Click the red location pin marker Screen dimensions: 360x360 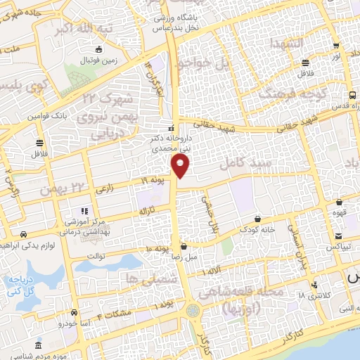[181, 166]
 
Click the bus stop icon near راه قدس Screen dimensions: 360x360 [352, 96]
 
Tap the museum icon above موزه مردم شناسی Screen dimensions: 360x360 [38, 346]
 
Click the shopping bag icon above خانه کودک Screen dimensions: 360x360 [258, 219]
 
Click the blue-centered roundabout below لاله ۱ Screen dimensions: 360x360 [192, 309]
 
